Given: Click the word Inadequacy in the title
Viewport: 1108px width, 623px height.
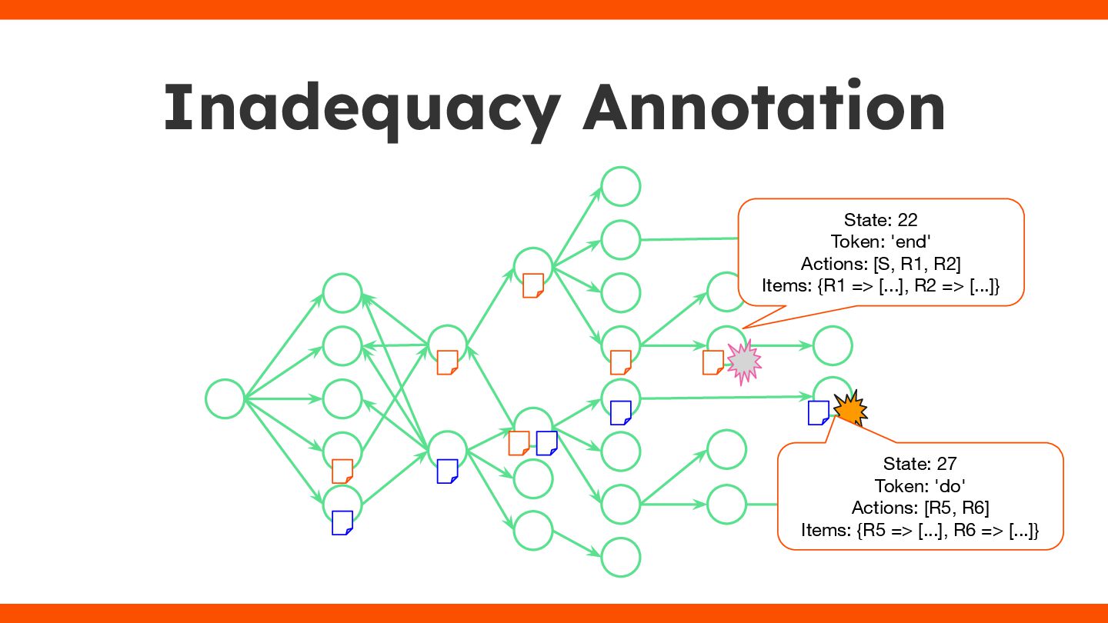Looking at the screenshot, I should [x=362, y=108].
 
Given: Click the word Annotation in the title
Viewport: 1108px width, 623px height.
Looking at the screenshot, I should [x=764, y=108].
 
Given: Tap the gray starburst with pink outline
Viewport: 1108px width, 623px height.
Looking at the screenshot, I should [x=743, y=363].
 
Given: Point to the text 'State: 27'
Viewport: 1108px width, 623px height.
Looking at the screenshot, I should [x=919, y=464].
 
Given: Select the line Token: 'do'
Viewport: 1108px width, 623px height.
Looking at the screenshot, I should [x=919, y=486].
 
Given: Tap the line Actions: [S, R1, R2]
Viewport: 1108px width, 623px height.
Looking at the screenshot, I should [x=880, y=264].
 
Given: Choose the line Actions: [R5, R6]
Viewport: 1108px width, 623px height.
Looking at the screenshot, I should [x=919, y=508].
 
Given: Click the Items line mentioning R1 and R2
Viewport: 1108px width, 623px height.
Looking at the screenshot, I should [x=880, y=286].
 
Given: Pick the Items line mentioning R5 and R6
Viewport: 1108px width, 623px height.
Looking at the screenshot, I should [x=919, y=530].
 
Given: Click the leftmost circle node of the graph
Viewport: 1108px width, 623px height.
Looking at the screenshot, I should [x=225, y=399].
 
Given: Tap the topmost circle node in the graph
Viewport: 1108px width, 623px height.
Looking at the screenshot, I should [x=620, y=186].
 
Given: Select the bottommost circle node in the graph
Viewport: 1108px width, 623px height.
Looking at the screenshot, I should [x=620, y=557].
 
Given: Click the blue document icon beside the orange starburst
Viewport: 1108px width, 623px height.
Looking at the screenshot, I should [x=818, y=413].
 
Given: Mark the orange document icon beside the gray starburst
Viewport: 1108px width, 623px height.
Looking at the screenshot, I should [x=713, y=362].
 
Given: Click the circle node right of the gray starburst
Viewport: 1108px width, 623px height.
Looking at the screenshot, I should [x=832, y=345].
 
